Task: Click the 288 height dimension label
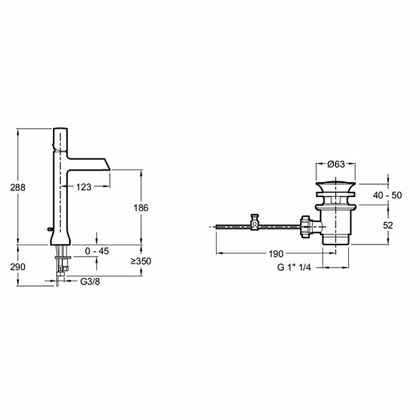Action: (18, 187)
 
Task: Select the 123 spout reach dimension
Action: (83, 187)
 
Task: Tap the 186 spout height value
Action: (141, 207)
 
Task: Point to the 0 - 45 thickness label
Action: (97, 251)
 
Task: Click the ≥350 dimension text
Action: (141, 261)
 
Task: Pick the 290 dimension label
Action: (18, 267)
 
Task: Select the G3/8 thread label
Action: (90, 282)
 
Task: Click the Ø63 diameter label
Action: (336, 164)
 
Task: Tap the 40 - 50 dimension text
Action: (387, 195)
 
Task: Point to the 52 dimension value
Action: (388, 226)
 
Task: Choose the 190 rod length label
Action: (276, 253)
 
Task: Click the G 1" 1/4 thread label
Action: (294, 267)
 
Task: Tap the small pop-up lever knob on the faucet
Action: (49, 229)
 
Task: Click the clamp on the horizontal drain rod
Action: (255, 222)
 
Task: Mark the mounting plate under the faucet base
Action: (63, 257)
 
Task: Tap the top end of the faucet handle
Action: (60, 129)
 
